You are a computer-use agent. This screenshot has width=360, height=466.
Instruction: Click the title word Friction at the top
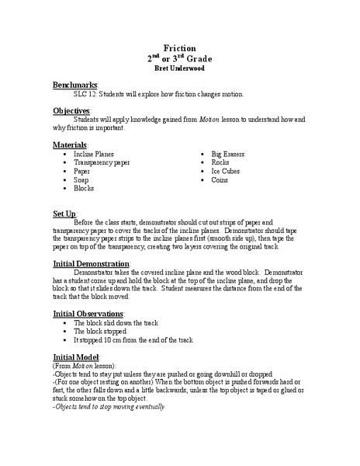click(180, 47)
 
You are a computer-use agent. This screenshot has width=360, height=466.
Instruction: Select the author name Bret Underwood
click(180, 68)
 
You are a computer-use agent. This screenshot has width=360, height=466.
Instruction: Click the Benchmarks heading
click(75, 83)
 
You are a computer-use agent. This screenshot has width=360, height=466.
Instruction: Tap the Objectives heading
click(73, 110)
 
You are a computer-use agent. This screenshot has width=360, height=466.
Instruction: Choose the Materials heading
click(71, 144)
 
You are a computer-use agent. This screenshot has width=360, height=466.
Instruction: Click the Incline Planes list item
click(93, 155)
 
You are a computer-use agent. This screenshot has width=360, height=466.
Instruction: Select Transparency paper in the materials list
click(102, 163)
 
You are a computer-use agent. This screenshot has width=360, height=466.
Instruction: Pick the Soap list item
click(81, 180)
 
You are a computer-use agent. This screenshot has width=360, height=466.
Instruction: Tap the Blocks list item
click(84, 189)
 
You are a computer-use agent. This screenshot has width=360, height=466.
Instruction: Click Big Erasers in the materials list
click(228, 155)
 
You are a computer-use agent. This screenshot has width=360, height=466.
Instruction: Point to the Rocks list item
click(221, 163)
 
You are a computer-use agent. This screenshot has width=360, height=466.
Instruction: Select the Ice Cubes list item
click(226, 172)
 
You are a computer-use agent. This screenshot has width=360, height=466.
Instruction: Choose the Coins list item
click(220, 180)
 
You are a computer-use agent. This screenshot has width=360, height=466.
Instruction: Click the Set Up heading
click(64, 212)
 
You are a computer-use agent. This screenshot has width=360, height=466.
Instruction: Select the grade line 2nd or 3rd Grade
click(180, 57)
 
